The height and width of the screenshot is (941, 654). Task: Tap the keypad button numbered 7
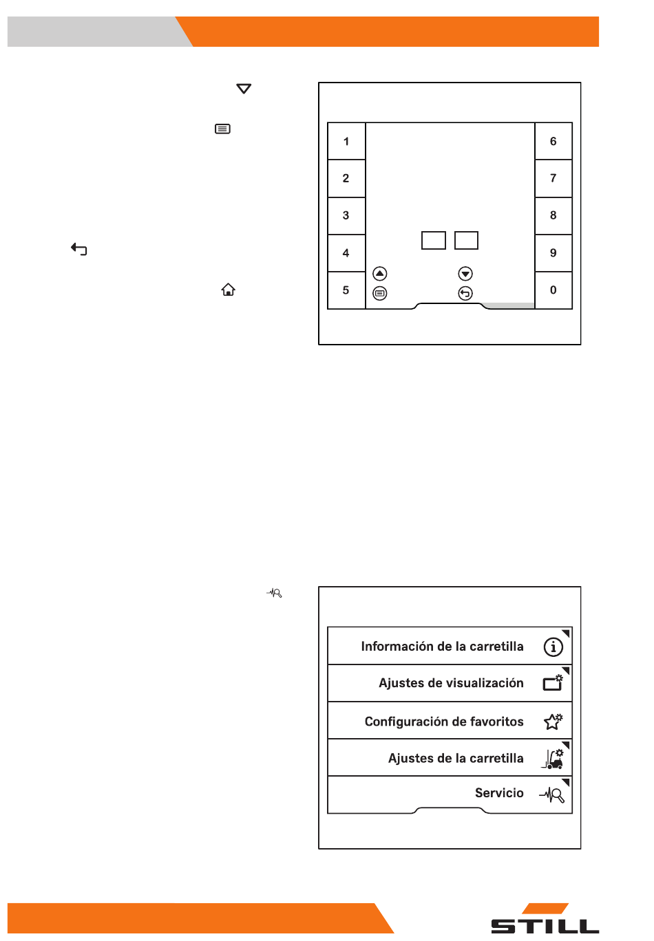click(553, 178)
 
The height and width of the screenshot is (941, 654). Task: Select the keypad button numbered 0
click(553, 290)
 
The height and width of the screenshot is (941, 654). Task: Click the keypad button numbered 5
click(346, 290)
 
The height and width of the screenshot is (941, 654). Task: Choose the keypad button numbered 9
click(553, 253)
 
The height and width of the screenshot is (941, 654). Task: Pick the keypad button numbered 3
click(346, 215)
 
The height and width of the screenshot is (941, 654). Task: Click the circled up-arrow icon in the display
click(379, 274)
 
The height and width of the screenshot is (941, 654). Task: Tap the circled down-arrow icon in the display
click(465, 274)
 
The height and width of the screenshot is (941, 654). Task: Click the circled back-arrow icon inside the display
click(465, 293)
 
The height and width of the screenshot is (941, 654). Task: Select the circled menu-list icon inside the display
click(379, 293)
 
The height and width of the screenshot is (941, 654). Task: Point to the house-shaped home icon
click(228, 290)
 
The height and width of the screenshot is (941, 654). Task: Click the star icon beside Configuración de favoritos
click(553, 722)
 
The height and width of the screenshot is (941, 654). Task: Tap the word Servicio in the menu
click(499, 792)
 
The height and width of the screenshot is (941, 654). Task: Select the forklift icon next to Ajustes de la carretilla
click(552, 759)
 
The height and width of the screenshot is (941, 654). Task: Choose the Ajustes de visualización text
click(451, 683)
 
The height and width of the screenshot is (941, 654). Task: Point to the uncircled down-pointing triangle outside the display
click(244, 88)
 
